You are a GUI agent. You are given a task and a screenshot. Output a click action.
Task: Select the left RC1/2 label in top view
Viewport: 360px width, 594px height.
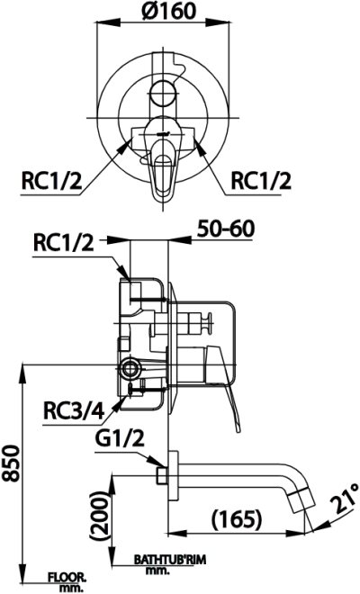pyautogui.click(x=51, y=180)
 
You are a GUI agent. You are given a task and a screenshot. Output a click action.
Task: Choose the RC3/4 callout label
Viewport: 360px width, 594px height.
pyautogui.click(x=74, y=410)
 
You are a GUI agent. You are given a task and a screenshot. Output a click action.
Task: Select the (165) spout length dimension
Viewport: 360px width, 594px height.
pyautogui.click(x=237, y=519)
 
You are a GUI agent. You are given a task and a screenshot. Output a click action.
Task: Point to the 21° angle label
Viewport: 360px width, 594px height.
pyautogui.click(x=344, y=499)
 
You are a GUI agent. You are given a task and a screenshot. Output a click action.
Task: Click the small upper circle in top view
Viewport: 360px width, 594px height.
pyautogui.click(x=163, y=91)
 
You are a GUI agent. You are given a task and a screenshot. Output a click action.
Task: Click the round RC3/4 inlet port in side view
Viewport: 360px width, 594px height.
pyautogui.click(x=131, y=367)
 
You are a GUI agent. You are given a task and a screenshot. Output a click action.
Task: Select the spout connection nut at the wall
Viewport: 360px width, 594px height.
pyautogui.click(x=160, y=473)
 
